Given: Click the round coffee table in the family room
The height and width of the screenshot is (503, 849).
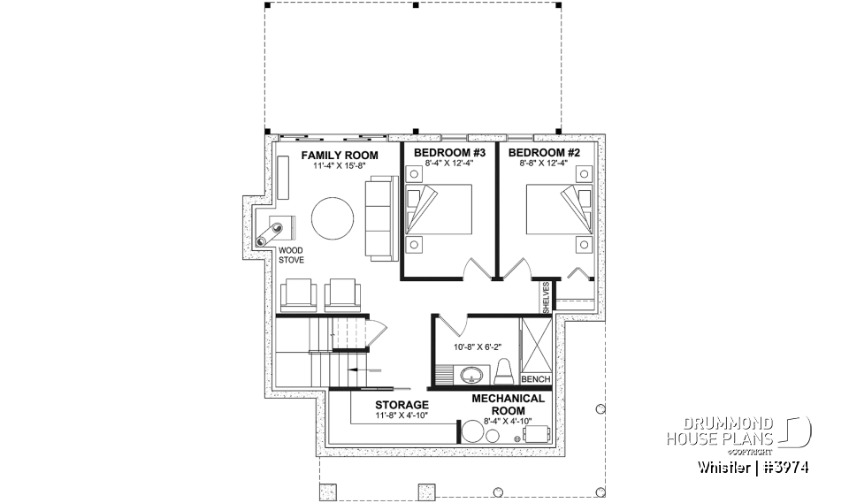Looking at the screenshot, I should [333, 218].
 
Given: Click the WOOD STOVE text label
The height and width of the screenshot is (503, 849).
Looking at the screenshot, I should [291, 255].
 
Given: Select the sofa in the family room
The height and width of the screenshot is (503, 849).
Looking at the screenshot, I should [380, 218].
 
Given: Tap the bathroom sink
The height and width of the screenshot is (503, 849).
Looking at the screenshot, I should [469, 376].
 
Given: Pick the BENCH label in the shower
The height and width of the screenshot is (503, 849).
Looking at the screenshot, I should [536, 379].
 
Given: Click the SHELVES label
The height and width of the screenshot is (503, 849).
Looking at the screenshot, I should [547, 298].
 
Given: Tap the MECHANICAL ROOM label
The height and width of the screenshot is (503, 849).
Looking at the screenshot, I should [508, 404].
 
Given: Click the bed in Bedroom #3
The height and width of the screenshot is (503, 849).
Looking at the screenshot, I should [439, 209].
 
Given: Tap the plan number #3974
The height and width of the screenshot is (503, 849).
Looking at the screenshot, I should [783, 467].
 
